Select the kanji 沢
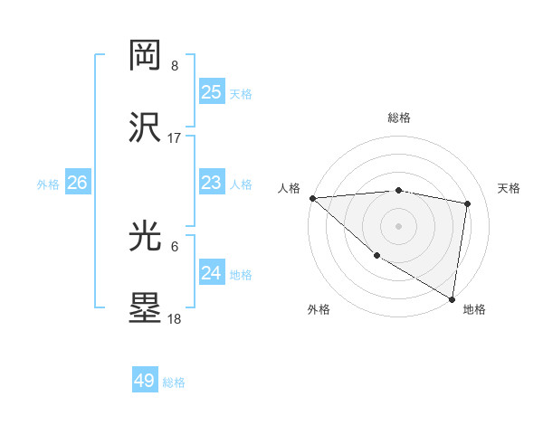(x=146, y=127)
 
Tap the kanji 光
(x=146, y=236)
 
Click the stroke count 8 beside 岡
(x=175, y=65)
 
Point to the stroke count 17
(x=175, y=138)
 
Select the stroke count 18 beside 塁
(x=175, y=319)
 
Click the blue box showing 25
(x=212, y=92)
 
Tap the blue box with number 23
(x=212, y=183)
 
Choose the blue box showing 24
(x=212, y=273)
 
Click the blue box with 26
(x=77, y=183)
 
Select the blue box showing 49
(x=145, y=381)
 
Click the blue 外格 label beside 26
(x=48, y=184)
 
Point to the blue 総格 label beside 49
(x=175, y=382)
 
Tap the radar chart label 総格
(x=399, y=118)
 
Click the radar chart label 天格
(x=509, y=188)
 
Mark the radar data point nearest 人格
(x=312, y=198)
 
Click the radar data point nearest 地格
(x=452, y=298)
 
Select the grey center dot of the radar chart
(x=399, y=225)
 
